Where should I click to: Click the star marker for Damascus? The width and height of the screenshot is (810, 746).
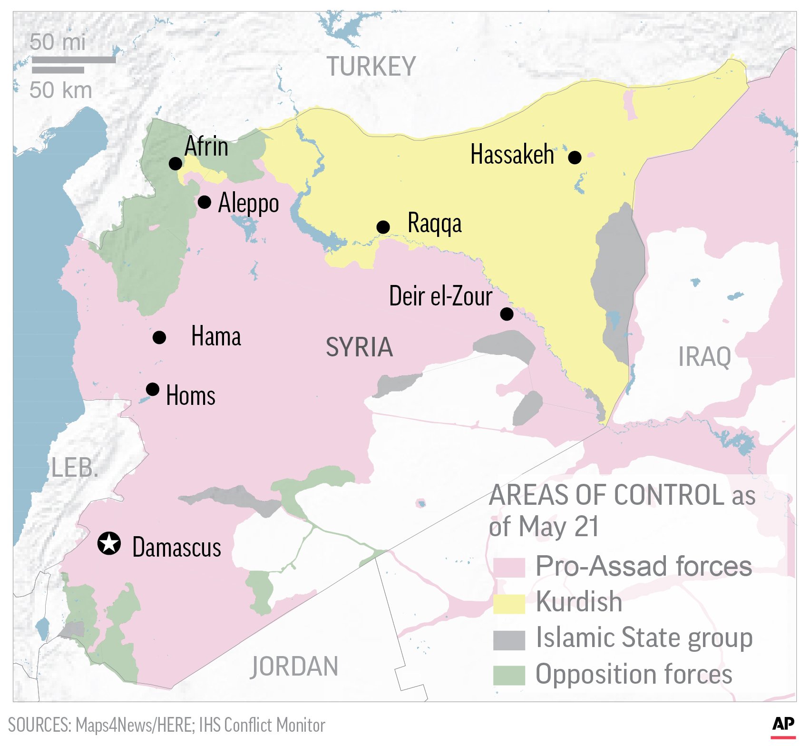pos(109,543)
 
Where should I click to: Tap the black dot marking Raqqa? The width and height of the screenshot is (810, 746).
pos(383,227)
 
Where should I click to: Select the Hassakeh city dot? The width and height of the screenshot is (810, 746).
pos(575,157)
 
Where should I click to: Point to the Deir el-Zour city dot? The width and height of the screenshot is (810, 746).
pos(507,314)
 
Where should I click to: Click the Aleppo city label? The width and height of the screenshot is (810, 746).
pos(248,204)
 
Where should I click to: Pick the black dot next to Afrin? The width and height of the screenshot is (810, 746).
pos(176,163)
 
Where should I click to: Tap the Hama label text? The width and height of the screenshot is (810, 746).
pos(216,336)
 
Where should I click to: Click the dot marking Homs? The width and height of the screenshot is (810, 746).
pos(152,389)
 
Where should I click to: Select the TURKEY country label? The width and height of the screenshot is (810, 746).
pos(371,67)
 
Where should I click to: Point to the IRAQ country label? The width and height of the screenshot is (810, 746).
pos(704,357)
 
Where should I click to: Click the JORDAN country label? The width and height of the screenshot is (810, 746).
pos(294,666)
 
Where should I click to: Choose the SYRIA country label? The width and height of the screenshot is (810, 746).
pos(359,347)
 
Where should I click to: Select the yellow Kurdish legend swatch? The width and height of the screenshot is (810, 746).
pos(508,603)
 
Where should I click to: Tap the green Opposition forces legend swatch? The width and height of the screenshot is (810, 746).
pos(508,675)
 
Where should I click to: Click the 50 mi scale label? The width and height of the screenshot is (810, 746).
pos(58,42)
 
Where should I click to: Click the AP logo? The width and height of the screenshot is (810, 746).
pos(783,724)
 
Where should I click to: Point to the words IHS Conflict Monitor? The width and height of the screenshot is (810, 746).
pos(262,725)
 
